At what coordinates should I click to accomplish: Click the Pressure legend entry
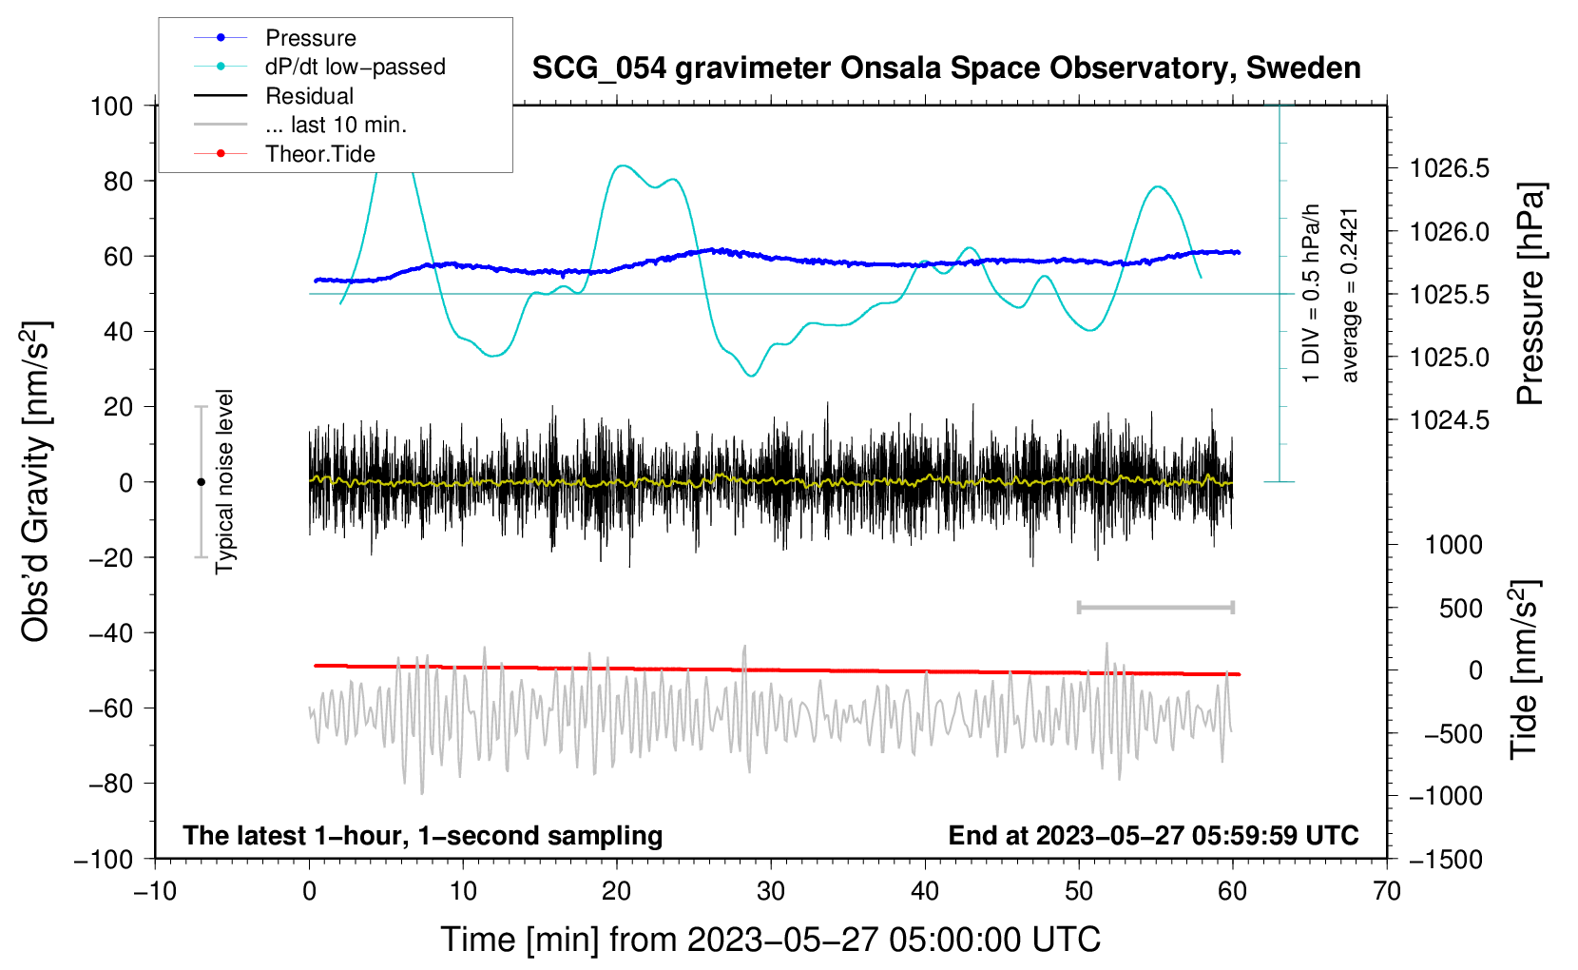(x=310, y=38)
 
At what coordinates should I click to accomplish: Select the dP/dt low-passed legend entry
(x=355, y=67)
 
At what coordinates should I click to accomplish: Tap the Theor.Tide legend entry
(x=319, y=154)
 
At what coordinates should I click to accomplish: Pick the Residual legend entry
(x=309, y=96)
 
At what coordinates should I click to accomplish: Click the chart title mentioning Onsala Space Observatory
(x=946, y=68)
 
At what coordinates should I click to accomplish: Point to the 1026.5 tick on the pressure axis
(x=1449, y=169)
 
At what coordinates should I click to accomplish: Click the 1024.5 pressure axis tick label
(x=1449, y=420)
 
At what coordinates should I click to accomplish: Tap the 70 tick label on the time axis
(x=1387, y=892)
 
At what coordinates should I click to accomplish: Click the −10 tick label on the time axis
(x=155, y=892)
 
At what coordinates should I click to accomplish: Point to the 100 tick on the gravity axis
(x=111, y=106)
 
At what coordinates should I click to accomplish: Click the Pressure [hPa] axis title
(x=1530, y=295)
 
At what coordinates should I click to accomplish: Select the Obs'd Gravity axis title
(x=35, y=482)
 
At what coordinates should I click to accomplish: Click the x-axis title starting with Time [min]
(x=770, y=940)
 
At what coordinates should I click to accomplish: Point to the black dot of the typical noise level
(x=201, y=482)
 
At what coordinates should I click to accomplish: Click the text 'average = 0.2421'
(x=1350, y=295)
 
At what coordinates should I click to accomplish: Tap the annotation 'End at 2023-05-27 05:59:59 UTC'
(x=1153, y=836)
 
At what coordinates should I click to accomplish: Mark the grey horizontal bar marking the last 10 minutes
(x=1155, y=607)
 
